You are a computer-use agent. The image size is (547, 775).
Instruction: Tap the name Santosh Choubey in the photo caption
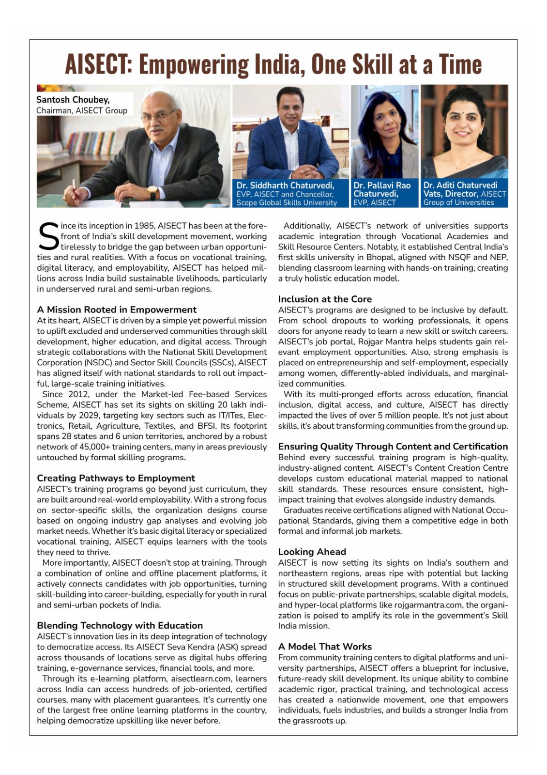[x=73, y=100]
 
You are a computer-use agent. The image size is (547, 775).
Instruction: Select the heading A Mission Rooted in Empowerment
[x=117, y=310]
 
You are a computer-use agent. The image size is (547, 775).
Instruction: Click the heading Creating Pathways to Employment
[x=116, y=478]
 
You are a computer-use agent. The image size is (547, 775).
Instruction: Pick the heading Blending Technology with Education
[x=120, y=625]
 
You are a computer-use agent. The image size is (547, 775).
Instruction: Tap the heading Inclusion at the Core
[x=325, y=299]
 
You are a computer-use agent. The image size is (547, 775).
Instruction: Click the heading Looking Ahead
[x=312, y=552]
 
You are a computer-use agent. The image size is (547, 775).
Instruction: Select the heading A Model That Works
[x=325, y=647]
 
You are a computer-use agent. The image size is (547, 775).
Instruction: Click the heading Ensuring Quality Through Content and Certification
[x=393, y=446]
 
